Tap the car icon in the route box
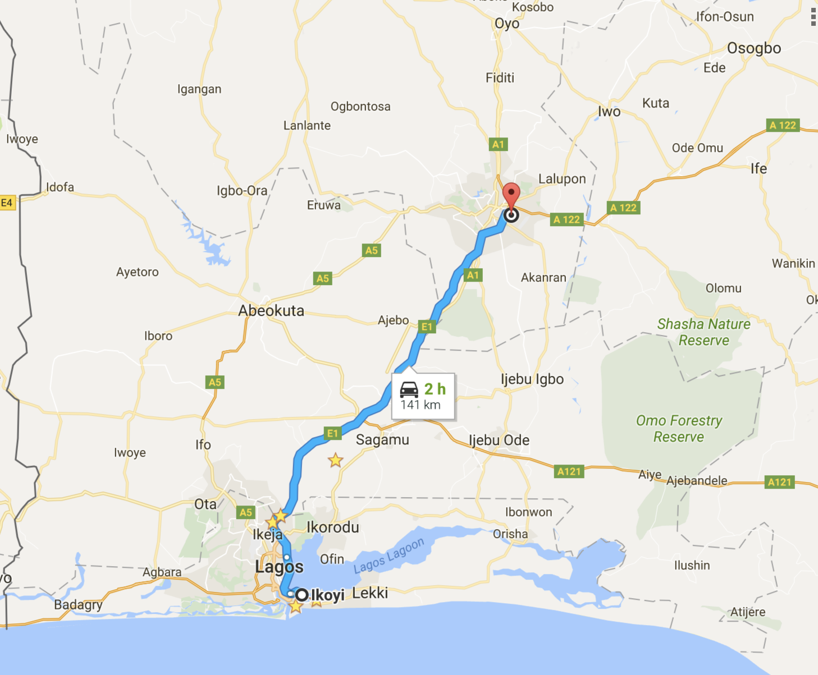click(409, 389)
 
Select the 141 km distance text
click(421, 405)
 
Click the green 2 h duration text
click(435, 389)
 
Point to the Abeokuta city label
click(271, 311)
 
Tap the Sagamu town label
click(382, 440)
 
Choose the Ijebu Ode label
click(499, 440)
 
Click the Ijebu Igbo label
click(532, 379)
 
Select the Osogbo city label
click(754, 48)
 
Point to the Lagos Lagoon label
click(389, 556)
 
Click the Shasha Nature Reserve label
click(704, 332)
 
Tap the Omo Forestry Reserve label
click(679, 429)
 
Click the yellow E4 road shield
click(7, 203)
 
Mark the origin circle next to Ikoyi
click(302, 595)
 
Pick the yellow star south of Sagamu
click(336, 461)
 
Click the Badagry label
click(78, 605)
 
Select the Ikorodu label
click(333, 527)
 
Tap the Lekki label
click(370, 593)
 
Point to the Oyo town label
click(507, 24)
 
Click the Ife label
click(758, 168)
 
